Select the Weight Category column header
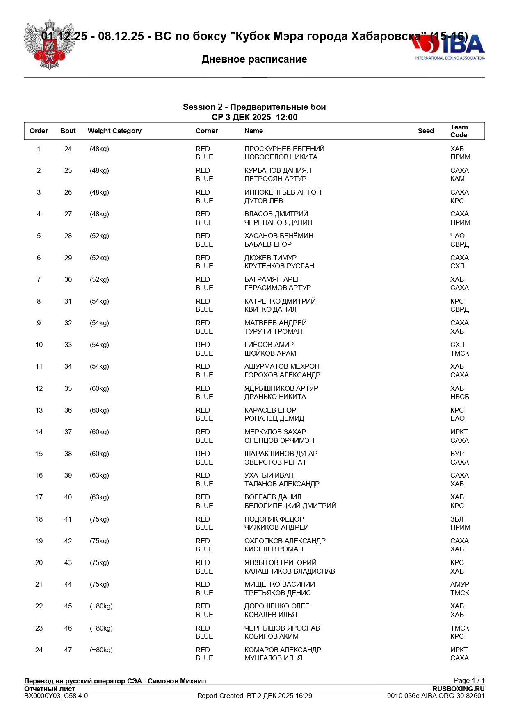[114, 131]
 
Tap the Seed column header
[426, 131]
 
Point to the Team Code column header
[459, 131]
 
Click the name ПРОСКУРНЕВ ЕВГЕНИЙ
[284, 149]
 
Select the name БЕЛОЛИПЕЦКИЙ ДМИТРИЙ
[290, 506]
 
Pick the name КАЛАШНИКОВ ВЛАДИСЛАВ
[290, 571]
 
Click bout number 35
[68, 388]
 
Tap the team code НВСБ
[459, 397]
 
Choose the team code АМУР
[459, 584]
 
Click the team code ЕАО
[457, 418]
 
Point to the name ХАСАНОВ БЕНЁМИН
[278, 236]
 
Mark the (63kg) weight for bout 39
[99, 475]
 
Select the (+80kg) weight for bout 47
[101, 650]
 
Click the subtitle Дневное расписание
[254, 59]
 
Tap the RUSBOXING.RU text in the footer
[458, 689]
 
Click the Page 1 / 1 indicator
[469, 680]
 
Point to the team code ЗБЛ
[457, 519]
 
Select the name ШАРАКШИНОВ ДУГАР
[281, 454]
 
